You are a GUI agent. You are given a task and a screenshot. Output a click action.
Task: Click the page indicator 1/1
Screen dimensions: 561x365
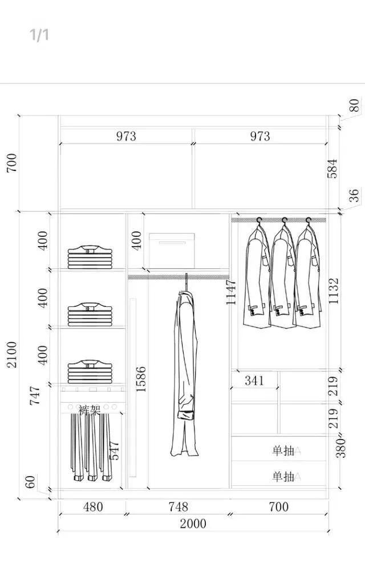39,35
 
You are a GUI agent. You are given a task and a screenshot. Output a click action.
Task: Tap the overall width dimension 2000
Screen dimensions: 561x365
193,523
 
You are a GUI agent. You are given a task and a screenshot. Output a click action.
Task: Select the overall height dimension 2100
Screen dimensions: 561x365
12,354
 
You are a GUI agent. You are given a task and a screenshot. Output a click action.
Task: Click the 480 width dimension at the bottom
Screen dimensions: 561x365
92,506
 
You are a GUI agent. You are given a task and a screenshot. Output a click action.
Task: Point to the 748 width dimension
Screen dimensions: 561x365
178,506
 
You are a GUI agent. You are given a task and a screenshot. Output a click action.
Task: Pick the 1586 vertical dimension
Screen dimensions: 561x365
141,379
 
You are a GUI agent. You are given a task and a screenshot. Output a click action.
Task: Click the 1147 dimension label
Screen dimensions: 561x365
231,292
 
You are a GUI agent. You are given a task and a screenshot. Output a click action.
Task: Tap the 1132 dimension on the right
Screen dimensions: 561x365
334,290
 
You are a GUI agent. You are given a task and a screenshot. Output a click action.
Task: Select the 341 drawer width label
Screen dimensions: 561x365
254,380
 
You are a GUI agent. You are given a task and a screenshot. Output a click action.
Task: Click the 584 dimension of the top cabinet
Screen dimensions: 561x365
332,169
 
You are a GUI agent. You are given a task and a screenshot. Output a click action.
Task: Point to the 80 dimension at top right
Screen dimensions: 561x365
354,105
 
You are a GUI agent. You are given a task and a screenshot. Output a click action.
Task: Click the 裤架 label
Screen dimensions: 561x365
90,410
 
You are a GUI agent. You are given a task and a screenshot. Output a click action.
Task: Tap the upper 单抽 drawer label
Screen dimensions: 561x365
283,451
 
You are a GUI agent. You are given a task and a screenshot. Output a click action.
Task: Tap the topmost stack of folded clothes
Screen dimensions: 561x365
90,257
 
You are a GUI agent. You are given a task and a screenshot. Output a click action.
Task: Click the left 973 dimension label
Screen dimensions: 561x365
126,136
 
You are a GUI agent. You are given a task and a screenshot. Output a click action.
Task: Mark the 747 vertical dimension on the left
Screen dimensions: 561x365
35,396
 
